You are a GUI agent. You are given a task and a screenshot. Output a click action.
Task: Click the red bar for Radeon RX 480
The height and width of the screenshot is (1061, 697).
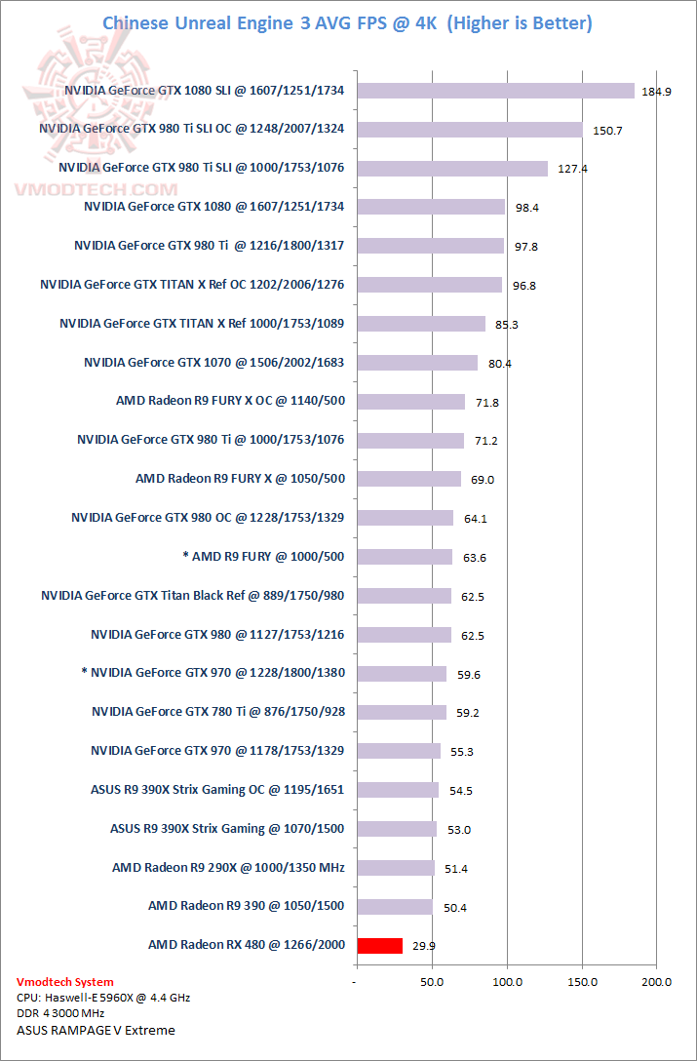pyautogui.click(x=380, y=945)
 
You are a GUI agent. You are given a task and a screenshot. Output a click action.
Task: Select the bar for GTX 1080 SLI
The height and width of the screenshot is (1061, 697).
pyautogui.click(x=496, y=91)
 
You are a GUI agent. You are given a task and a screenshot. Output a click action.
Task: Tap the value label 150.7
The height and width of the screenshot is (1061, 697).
pyautogui.click(x=607, y=130)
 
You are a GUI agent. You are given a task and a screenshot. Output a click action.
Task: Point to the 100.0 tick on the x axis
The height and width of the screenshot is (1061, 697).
pyautogui.click(x=507, y=982)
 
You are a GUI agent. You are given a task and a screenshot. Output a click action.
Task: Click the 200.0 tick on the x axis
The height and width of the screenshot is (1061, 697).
pyautogui.click(x=657, y=982)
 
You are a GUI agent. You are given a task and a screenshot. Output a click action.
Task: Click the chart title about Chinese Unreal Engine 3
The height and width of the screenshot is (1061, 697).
pyautogui.click(x=348, y=22)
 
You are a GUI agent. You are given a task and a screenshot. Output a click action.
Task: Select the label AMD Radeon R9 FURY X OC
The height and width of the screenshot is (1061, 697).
pyautogui.click(x=230, y=401)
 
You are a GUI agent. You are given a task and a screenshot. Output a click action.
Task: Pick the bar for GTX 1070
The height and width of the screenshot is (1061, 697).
pyautogui.click(x=418, y=363)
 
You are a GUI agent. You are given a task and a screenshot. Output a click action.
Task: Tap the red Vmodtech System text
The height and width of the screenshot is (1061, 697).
pyautogui.click(x=65, y=982)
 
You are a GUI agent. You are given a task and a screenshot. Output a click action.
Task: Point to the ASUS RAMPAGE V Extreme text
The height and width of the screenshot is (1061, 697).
pyautogui.click(x=96, y=1030)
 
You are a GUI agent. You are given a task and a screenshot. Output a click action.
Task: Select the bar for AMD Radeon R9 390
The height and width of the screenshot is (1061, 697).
pyautogui.click(x=395, y=906)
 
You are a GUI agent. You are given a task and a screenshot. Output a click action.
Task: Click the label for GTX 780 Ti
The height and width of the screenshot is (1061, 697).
pyautogui.click(x=218, y=712)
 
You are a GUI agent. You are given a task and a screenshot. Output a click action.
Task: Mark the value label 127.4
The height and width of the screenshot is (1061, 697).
pyautogui.click(x=573, y=169)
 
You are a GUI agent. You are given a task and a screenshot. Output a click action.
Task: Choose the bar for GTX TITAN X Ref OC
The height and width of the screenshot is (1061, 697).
pyautogui.click(x=430, y=285)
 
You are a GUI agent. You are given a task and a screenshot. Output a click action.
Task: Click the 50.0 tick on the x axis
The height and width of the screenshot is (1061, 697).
pyautogui.click(x=432, y=982)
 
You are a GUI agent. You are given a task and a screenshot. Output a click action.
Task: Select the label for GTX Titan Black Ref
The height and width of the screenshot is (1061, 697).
pyautogui.click(x=193, y=595)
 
